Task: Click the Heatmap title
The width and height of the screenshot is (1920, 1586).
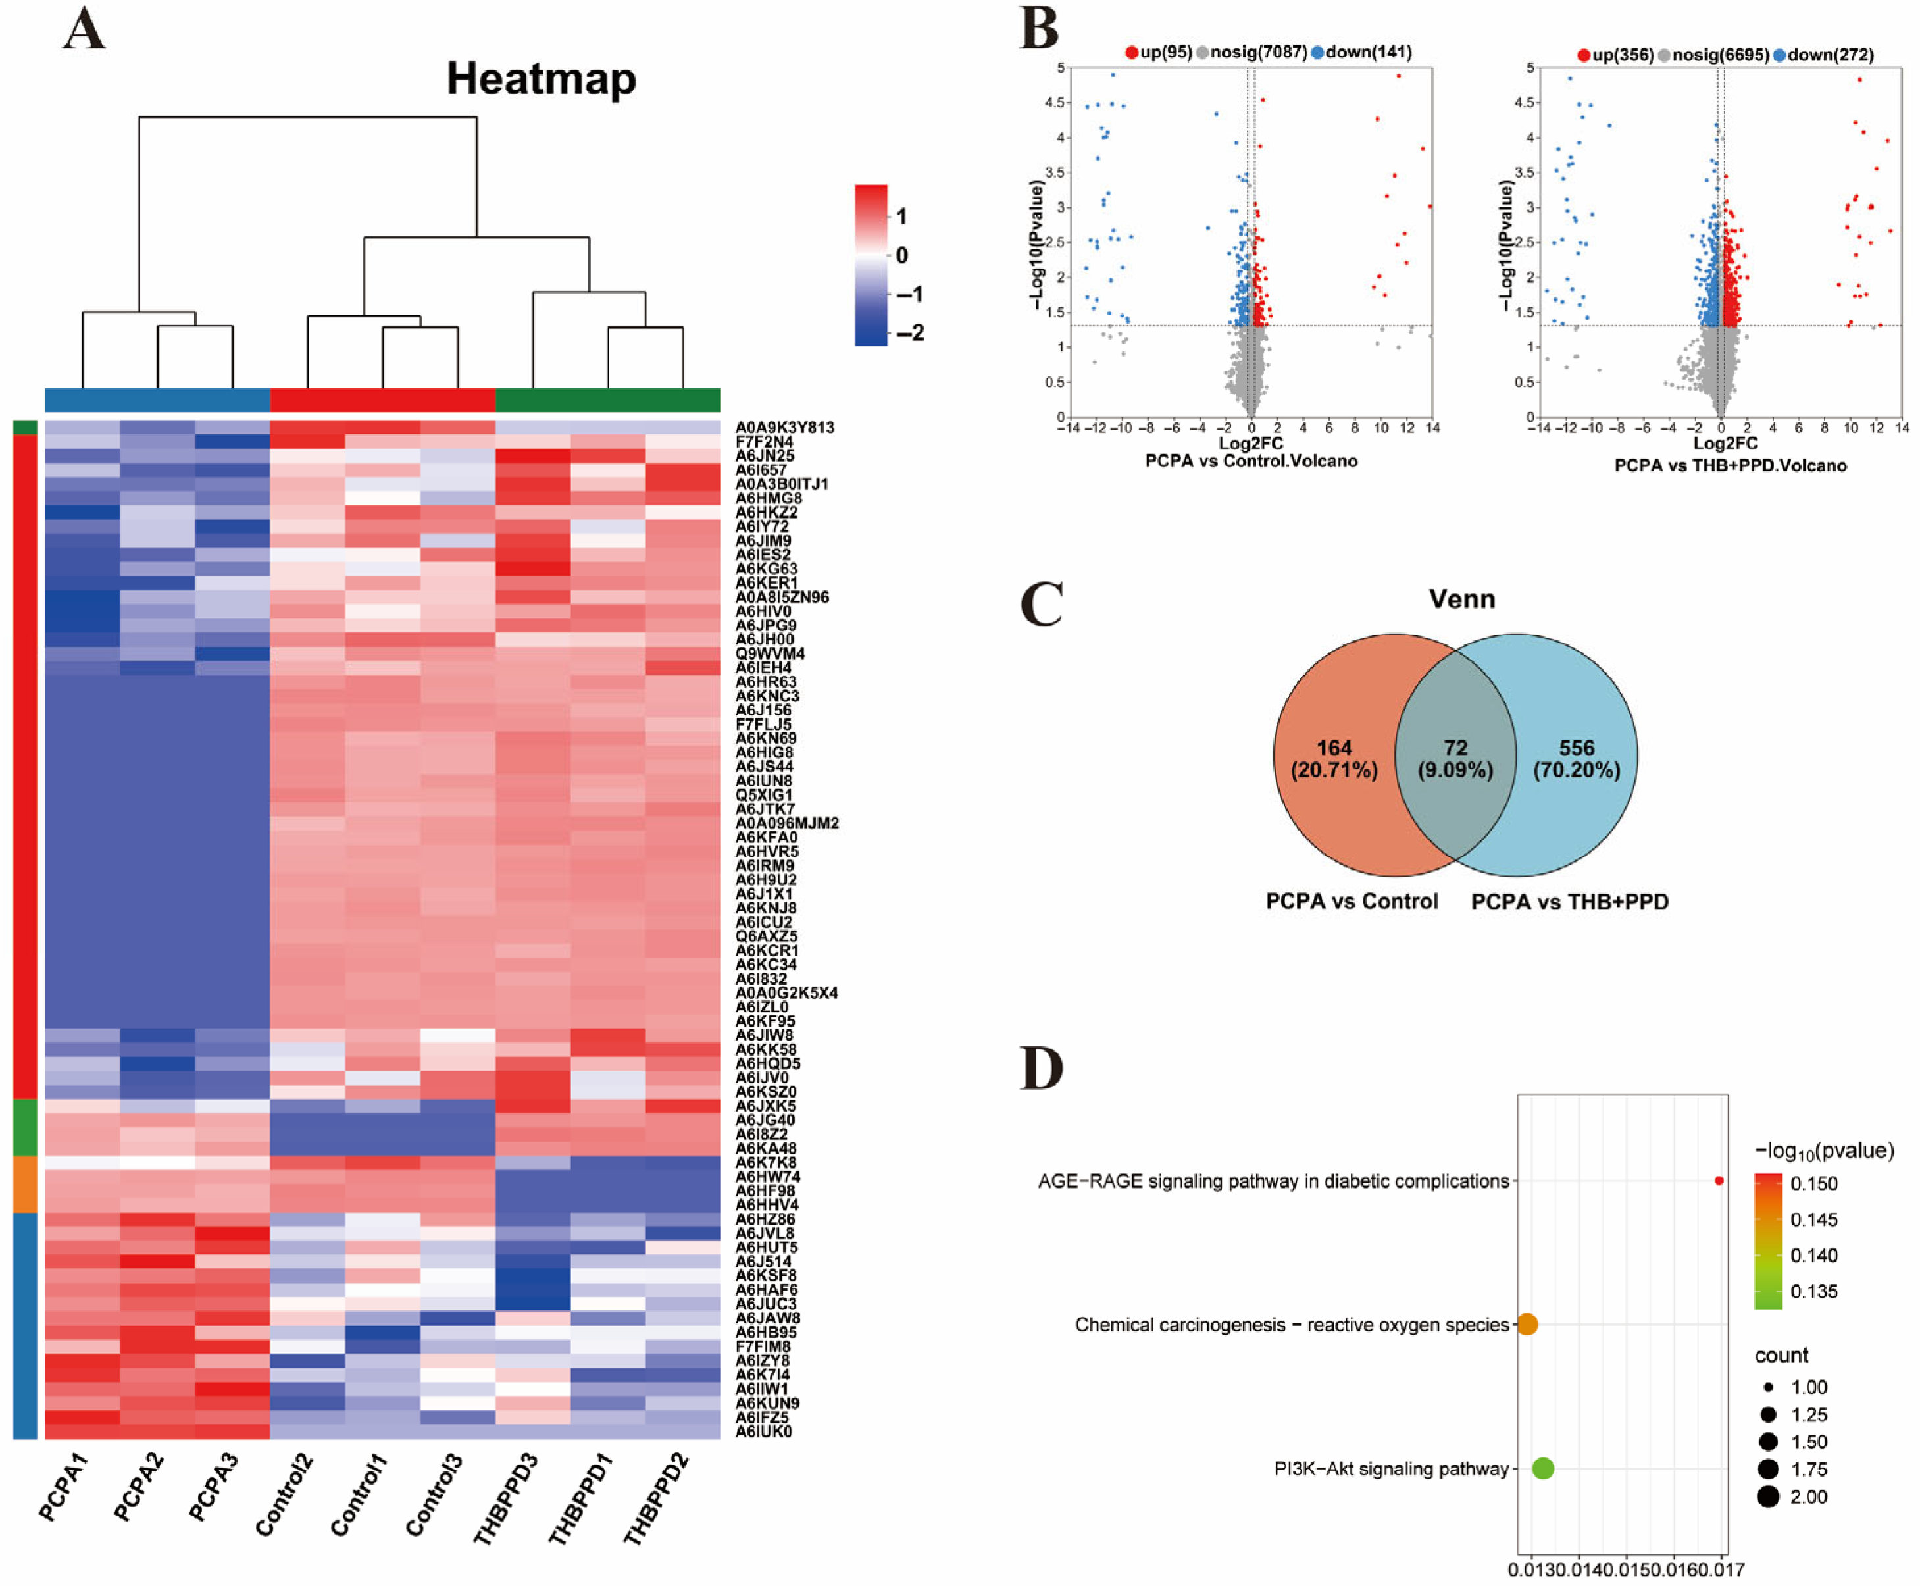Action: coord(541,80)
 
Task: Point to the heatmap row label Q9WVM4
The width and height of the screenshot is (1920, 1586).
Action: coord(770,653)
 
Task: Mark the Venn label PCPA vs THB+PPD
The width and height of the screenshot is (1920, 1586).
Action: coord(1569,902)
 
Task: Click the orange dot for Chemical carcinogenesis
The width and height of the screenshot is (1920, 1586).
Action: coord(1527,1324)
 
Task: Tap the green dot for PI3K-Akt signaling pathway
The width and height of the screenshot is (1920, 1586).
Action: coord(1543,1468)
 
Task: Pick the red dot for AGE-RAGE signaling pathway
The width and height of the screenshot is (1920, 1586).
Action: coord(1719,1181)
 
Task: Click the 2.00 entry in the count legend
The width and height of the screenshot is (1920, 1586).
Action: coord(1790,1496)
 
